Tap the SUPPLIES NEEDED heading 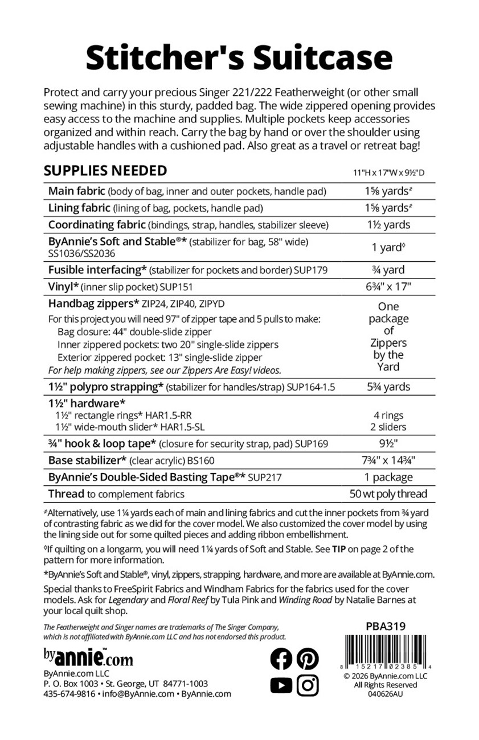[x=105, y=171]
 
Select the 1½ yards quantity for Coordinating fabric [x=388, y=225]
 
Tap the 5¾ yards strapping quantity [x=388, y=387]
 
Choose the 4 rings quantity [x=388, y=416]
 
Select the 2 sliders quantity [x=388, y=427]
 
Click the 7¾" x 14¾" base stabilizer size [x=388, y=461]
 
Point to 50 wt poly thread [x=388, y=494]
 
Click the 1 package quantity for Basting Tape [x=388, y=477]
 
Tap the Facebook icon [x=280, y=659]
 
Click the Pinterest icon [x=308, y=659]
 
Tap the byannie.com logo [x=88, y=657]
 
